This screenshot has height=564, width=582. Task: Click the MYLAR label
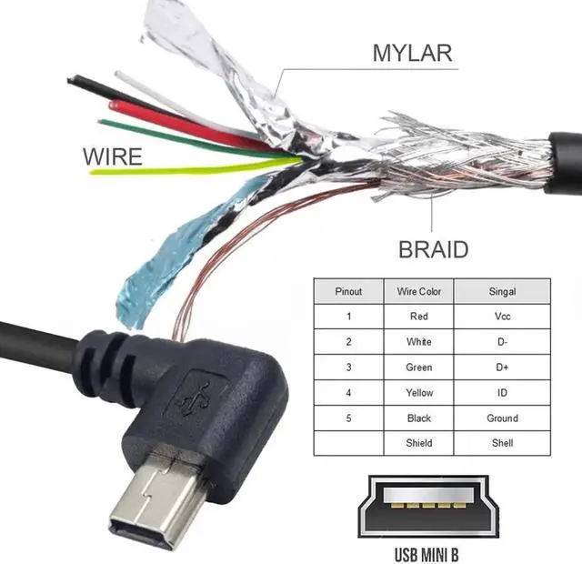coord(411,52)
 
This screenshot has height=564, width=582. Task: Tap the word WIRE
coord(113,156)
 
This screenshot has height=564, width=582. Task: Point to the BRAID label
coord(434,248)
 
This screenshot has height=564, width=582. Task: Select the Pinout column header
coord(348,291)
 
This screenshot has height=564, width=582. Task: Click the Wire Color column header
coord(418,291)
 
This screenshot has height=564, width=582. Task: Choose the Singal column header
coord(502,291)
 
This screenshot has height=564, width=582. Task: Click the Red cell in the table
coord(418,317)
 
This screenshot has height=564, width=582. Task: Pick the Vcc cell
coord(502,317)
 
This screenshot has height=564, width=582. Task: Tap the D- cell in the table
coord(502,342)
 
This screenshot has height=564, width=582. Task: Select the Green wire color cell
coord(418,368)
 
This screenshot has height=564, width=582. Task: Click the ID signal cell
coord(502,393)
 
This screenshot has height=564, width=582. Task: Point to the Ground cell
coord(502,418)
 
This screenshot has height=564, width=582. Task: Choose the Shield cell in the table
coord(418,443)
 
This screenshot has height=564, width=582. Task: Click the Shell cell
coord(502,443)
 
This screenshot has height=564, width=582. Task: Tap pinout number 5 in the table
coord(348,418)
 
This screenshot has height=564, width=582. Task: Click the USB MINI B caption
coord(433,552)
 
